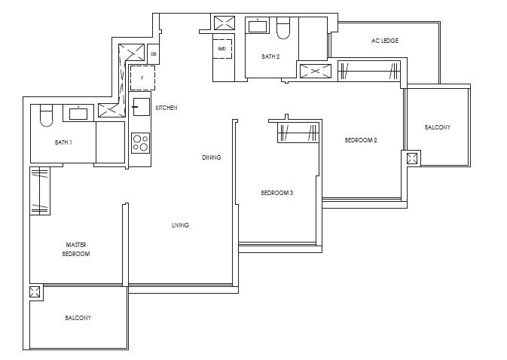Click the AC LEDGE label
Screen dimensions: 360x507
tap(384, 40)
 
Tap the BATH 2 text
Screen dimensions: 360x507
tap(270, 56)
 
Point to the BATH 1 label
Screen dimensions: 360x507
tap(63, 142)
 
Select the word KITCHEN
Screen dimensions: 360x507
tap(166, 108)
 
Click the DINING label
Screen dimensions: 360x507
tap(211, 157)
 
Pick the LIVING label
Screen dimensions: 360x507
tap(179, 225)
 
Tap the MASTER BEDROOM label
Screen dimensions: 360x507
tap(77, 249)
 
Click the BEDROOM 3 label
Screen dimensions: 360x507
tap(276, 194)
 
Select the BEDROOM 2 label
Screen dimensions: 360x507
tap(361, 140)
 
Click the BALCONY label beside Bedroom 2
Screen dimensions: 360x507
tap(437, 127)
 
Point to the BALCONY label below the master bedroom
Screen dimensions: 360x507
tap(78, 318)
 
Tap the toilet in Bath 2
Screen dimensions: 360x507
tap(283, 29)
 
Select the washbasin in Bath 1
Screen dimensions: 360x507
tap(78, 114)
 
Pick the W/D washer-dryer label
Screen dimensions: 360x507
tap(221, 48)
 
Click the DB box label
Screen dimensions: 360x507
tap(153, 54)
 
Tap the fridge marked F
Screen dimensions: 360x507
tap(142, 77)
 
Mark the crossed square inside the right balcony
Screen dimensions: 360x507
tap(412, 160)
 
